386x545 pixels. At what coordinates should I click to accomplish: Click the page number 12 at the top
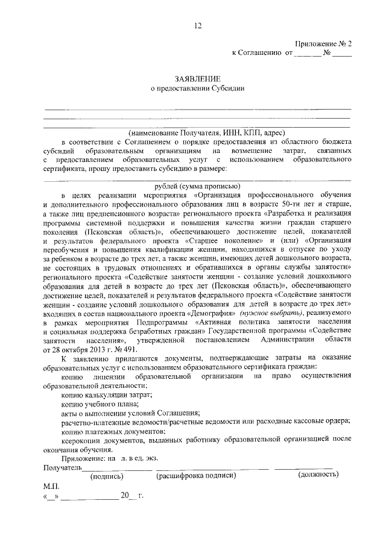(197, 26)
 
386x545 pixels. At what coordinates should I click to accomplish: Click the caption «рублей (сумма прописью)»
(197, 185)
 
